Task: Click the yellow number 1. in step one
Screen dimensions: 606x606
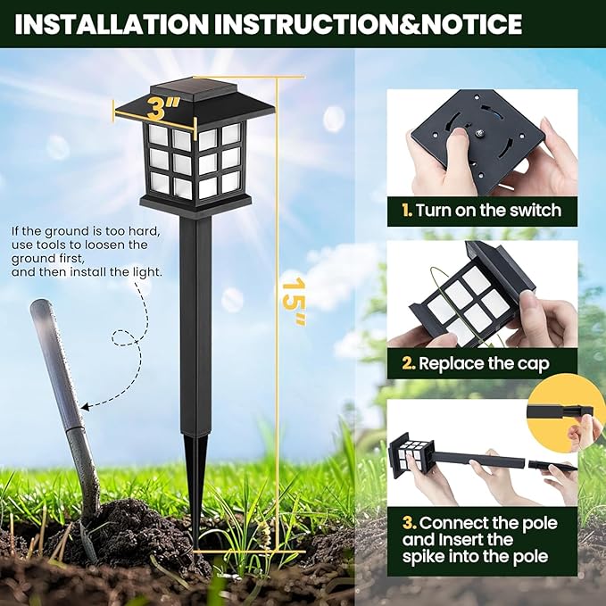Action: [406, 211]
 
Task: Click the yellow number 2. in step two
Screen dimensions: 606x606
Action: [407, 363]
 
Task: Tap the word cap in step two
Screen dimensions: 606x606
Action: [534, 363]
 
